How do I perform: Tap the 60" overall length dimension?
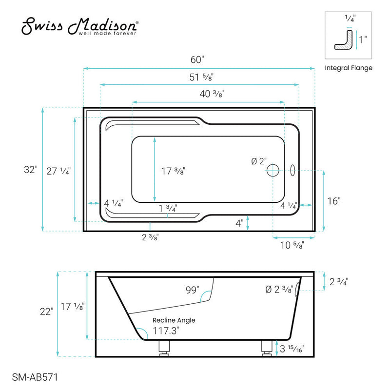pos(197,60)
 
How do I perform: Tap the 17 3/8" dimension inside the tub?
pos(173,171)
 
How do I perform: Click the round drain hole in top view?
pos(273,170)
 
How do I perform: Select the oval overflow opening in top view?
pos(292,170)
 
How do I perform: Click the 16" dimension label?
pos(333,200)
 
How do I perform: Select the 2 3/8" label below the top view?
pos(150,237)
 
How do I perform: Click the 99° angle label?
pos(192,291)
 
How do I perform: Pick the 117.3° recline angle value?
pos(165,330)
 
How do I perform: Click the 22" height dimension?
pos(46,312)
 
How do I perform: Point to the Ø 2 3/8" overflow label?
pos(278,290)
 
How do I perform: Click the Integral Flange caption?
pos(348,68)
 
